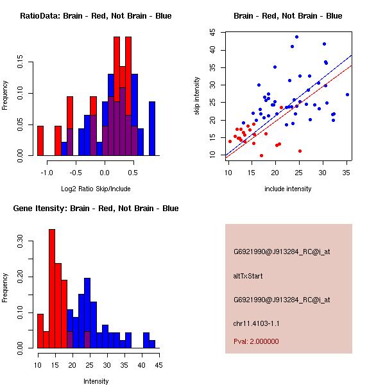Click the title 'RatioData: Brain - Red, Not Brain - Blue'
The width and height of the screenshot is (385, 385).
coord(96,15)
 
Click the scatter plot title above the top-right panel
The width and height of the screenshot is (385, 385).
coord(287,15)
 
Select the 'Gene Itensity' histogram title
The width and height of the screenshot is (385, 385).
coord(96,208)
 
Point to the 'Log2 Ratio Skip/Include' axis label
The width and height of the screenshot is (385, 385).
coord(96,189)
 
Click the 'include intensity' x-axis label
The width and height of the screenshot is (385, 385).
coord(288,189)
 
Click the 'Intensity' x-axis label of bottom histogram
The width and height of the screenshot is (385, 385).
coord(96,381)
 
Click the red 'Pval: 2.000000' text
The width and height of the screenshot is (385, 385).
coord(256,341)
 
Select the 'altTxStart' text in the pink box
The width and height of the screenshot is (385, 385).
coord(248,276)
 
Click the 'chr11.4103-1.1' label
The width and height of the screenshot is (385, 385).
coord(257,323)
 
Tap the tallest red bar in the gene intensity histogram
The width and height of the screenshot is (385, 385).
coord(52,289)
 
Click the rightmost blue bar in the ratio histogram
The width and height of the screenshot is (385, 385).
coord(152,128)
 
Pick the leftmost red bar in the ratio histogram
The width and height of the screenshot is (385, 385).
coord(40,141)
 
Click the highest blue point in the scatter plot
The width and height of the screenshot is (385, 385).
coord(296,37)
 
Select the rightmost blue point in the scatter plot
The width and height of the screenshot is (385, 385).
coord(347,94)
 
